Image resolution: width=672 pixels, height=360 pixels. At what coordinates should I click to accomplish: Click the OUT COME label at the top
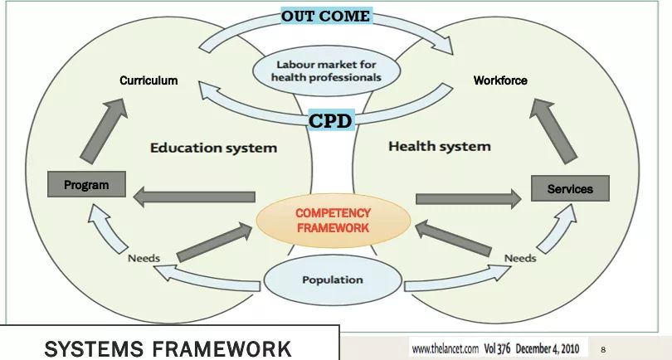[324, 16]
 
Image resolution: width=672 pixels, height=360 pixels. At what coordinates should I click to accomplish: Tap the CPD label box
[331, 121]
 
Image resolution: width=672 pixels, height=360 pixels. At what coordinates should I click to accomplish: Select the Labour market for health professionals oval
[326, 71]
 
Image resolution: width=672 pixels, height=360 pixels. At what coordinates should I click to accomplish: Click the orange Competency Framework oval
[333, 220]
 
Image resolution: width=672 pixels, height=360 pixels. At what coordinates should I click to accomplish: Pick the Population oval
[332, 280]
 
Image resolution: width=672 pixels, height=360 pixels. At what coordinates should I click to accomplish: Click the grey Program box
[86, 185]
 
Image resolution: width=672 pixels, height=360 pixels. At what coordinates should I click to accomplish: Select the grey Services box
[570, 189]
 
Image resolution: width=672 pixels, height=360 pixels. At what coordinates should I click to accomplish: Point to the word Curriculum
[149, 80]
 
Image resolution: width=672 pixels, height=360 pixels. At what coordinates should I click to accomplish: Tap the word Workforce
[500, 80]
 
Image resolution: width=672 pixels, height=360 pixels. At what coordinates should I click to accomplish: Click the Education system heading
[213, 148]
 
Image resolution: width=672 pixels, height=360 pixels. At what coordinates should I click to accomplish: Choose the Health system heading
[440, 146]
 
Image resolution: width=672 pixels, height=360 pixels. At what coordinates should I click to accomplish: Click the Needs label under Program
[144, 258]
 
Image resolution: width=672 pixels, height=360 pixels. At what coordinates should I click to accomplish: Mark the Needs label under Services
[520, 258]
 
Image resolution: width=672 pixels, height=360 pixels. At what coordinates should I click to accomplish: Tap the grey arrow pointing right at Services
[470, 198]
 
